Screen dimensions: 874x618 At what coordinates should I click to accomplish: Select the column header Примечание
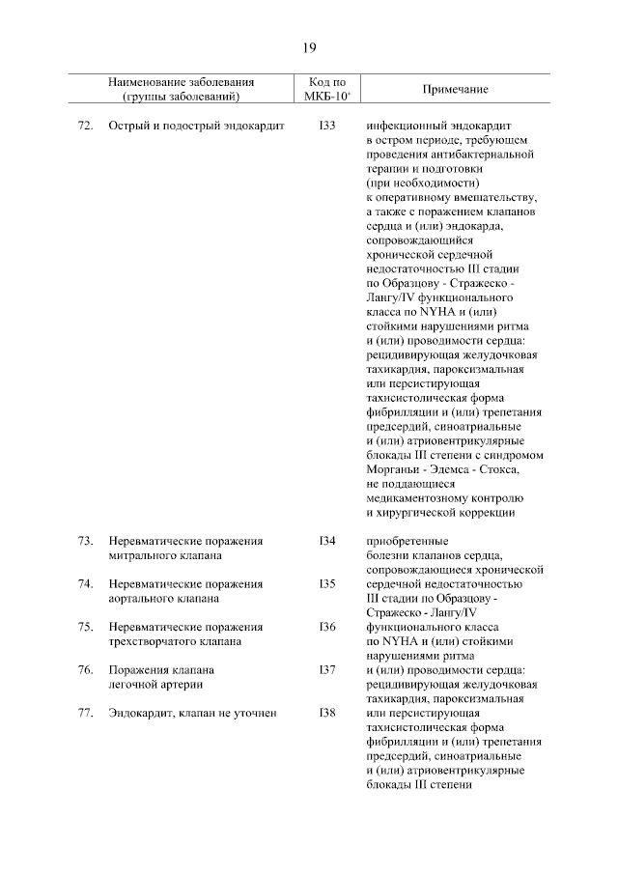(455, 90)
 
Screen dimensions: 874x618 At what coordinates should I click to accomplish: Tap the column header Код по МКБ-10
(326, 90)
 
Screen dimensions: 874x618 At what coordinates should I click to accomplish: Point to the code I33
(326, 127)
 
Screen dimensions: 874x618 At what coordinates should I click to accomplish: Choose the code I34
(326, 542)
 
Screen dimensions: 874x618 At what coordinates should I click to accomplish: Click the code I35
(326, 584)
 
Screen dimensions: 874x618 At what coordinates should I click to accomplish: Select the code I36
(326, 627)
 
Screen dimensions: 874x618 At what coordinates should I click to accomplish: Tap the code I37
(326, 669)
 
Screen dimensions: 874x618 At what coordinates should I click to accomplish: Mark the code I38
(326, 713)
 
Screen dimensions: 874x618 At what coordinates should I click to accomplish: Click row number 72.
(84, 127)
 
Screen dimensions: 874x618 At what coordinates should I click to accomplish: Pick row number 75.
(84, 627)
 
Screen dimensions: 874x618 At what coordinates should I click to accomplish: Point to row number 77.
(84, 713)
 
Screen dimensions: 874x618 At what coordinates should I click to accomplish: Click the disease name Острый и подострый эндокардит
(196, 127)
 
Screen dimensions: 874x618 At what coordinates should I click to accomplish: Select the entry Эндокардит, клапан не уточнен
(193, 713)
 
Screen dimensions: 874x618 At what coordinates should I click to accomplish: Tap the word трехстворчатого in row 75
(154, 641)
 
